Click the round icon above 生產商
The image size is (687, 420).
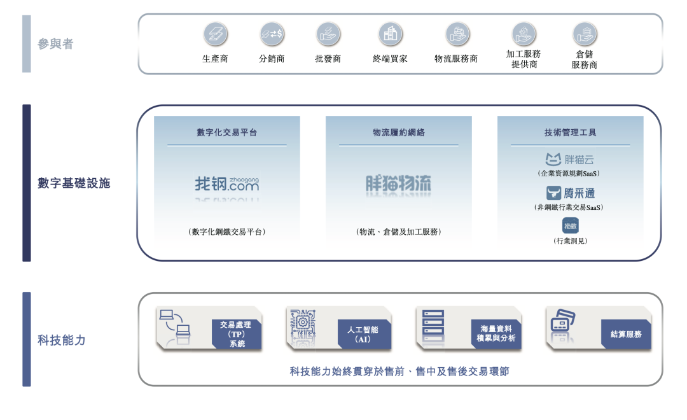(x=215, y=34)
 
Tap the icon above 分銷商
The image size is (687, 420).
(x=272, y=34)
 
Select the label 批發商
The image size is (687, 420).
(x=328, y=59)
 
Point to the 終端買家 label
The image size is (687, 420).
(x=390, y=59)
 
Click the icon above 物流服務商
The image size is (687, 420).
(x=457, y=34)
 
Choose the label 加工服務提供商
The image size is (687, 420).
(x=524, y=59)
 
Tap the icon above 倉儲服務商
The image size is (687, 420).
(x=584, y=34)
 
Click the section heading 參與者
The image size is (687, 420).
(x=55, y=45)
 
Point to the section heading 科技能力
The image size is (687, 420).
(x=61, y=340)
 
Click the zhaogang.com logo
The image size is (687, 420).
(x=227, y=185)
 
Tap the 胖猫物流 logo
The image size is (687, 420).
(x=398, y=185)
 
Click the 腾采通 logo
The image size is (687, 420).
(x=570, y=193)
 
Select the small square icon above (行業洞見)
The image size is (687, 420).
(x=571, y=225)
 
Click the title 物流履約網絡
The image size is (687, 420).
(x=398, y=133)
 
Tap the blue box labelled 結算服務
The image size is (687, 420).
(x=626, y=335)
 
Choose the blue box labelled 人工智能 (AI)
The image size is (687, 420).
(x=363, y=335)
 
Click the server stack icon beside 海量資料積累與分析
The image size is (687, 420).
(x=433, y=325)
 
